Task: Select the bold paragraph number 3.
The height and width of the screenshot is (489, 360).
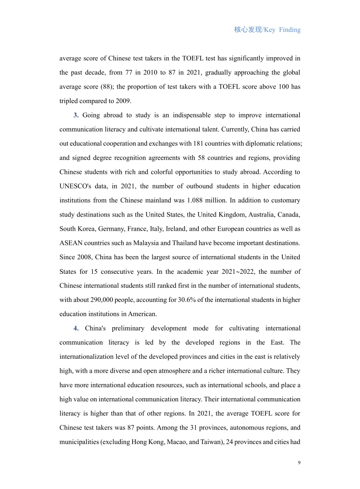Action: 76,115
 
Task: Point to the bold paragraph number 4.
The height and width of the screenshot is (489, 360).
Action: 76,328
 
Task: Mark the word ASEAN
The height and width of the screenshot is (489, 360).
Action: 72,243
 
